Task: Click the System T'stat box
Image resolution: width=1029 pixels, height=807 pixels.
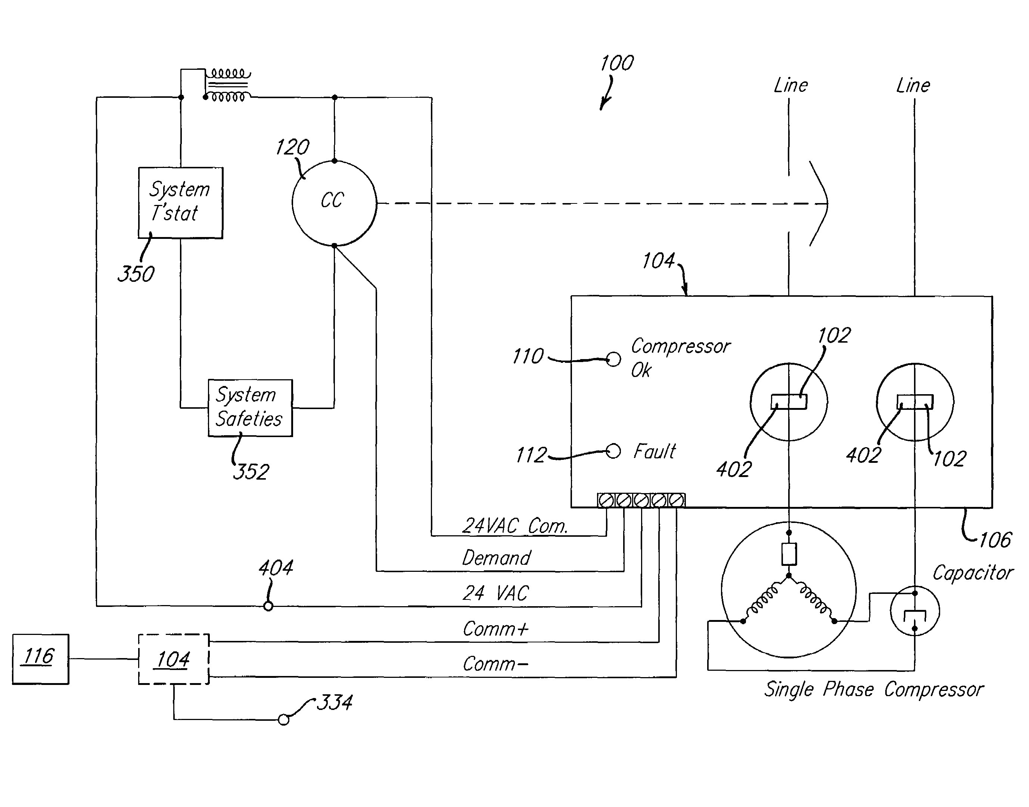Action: (x=180, y=202)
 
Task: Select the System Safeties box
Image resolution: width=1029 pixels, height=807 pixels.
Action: (x=250, y=407)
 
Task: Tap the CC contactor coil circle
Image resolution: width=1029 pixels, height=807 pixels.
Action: (x=334, y=203)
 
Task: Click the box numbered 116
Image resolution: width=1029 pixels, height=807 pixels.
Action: (x=40, y=659)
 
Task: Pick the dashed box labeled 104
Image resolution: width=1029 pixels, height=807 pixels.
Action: (x=174, y=659)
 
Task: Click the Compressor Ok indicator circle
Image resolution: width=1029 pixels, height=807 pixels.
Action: (x=613, y=359)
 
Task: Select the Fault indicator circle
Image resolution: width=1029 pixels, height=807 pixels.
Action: (x=613, y=451)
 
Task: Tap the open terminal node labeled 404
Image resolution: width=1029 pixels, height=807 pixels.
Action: (x=268, y=606)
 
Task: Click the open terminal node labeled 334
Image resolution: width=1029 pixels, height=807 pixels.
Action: (x=284, y=720)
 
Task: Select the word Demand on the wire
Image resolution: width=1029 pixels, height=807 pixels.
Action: (x=496, y=558)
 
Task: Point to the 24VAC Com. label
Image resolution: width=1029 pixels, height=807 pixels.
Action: (x=514, y=526)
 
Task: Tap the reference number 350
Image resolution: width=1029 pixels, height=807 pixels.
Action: (x=136, y=274)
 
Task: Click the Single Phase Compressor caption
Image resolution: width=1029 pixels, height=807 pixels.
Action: (x=873, y=689)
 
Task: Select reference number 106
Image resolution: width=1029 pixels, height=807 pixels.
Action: (x=995, y=540)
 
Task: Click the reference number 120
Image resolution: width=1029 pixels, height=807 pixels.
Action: (x=292, y=147)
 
